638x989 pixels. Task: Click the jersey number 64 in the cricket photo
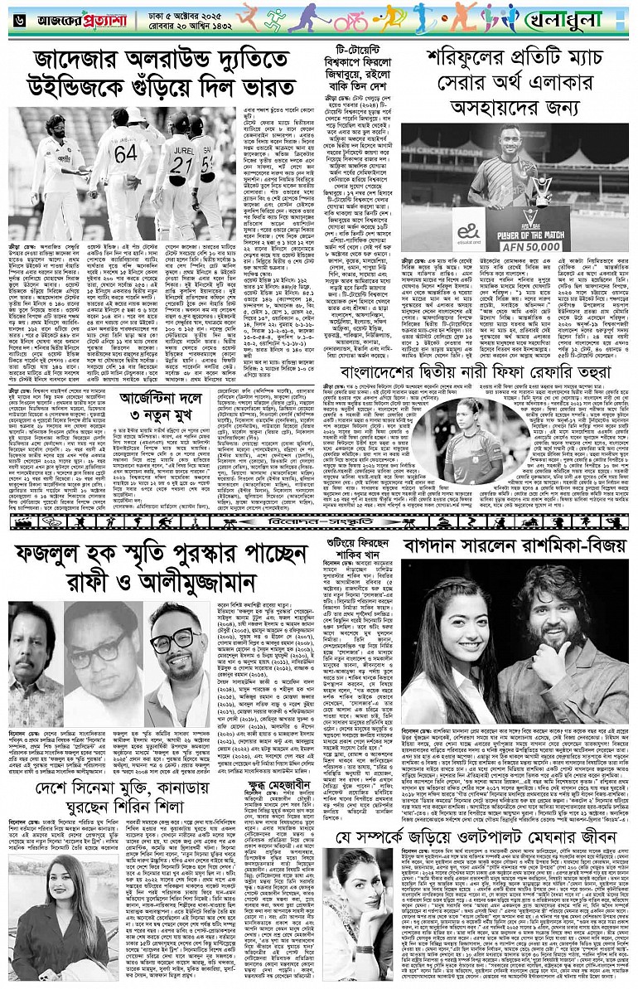[125, 153]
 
